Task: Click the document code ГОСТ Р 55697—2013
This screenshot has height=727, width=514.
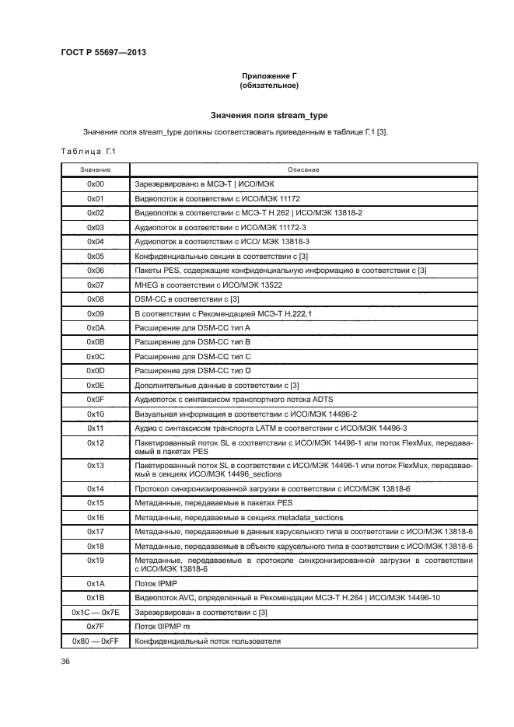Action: (103, 53)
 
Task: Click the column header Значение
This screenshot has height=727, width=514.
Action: (95, 170)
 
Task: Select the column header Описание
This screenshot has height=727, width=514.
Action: (303, 170)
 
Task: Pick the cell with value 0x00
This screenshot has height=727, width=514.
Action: (95, 183)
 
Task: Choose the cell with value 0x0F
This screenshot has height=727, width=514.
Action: (95, 400)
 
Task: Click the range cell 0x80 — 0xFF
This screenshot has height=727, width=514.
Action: (95, 641)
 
